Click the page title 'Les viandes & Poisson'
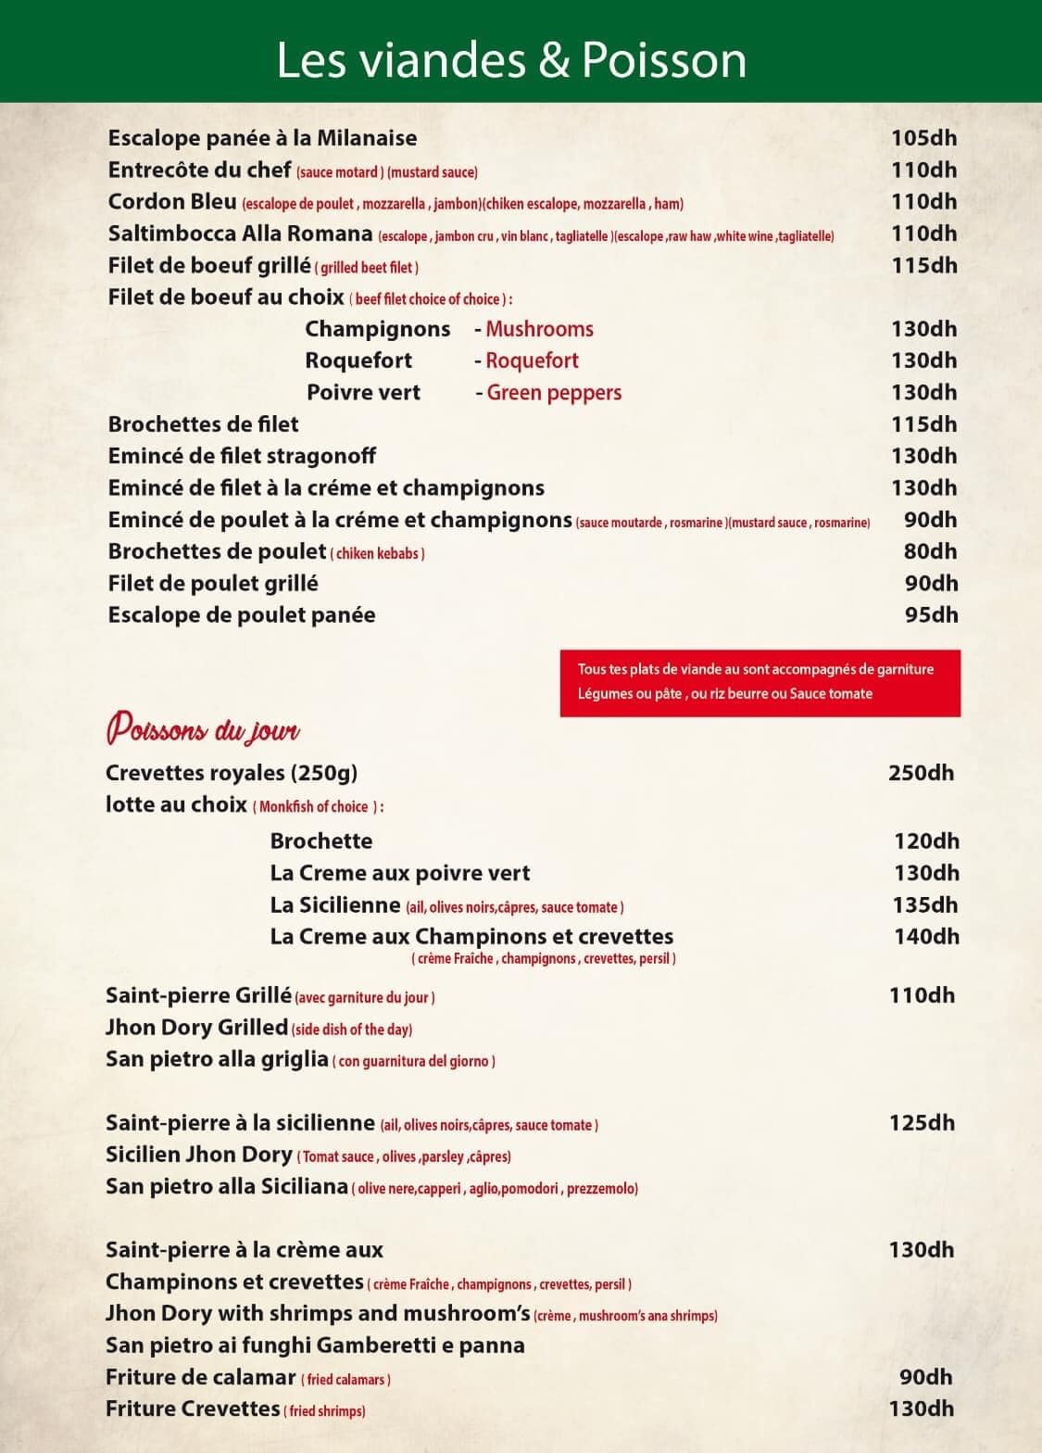511,60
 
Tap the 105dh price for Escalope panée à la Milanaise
923,138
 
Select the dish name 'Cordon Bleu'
172,201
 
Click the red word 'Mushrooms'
539,329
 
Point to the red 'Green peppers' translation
554,393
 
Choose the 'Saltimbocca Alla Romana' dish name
240,234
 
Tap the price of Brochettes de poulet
930,551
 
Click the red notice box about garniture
760,682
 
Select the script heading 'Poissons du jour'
203,730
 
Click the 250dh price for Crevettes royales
921,773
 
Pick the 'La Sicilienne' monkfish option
335,904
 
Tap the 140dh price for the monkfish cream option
926,936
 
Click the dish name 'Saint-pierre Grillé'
198,995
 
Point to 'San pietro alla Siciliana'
227,1186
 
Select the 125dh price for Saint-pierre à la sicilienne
921,1123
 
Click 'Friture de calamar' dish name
201,1377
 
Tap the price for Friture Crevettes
921,1409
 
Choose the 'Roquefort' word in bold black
358,360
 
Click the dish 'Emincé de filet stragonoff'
242,456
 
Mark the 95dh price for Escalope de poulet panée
930,615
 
